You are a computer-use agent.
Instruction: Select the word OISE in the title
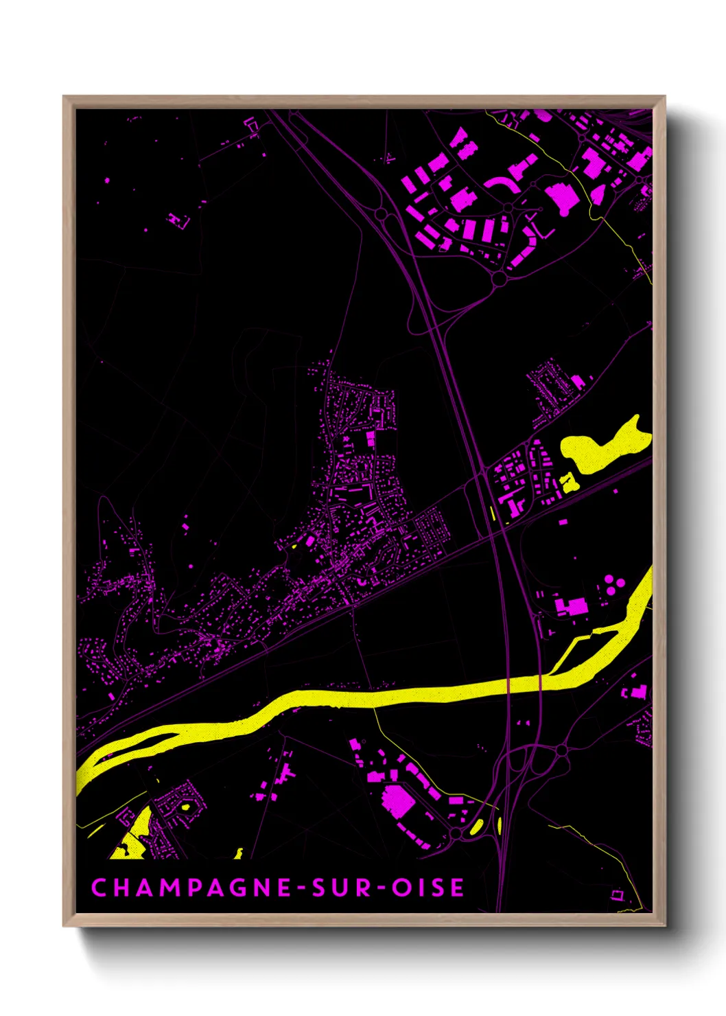(428, 888)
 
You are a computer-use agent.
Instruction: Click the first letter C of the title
(99, 888)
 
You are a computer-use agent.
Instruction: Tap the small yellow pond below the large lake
(568, 482)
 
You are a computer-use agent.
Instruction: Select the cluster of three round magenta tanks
(613, 586)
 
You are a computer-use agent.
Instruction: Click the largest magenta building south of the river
(397, 800)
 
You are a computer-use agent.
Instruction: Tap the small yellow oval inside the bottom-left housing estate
(184, 806)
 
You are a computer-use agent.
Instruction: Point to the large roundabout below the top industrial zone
(499, 278)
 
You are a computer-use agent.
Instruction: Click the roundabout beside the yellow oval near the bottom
(456, 833)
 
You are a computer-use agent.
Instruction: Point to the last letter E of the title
(457, 888)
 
